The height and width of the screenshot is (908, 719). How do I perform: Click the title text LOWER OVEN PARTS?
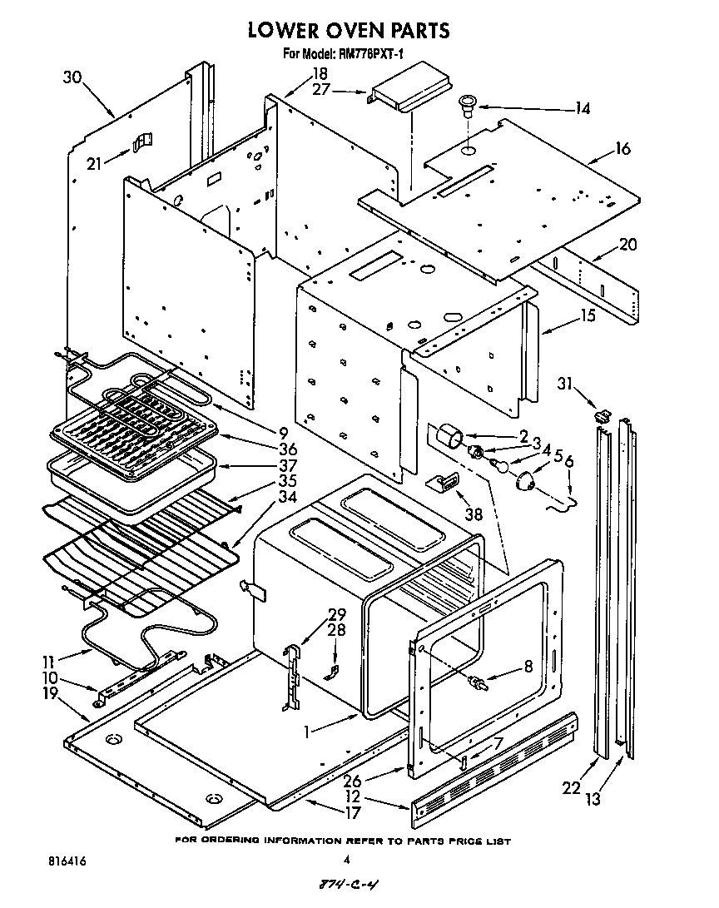[350, 31]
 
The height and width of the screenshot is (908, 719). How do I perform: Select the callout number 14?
[582, 108]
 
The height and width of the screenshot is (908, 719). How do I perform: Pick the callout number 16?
[622, 150]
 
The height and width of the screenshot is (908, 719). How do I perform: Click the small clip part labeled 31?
[603, 414]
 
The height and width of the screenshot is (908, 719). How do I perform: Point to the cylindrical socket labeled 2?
[452, 434]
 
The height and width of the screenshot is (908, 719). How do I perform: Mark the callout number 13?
[593, 801]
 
